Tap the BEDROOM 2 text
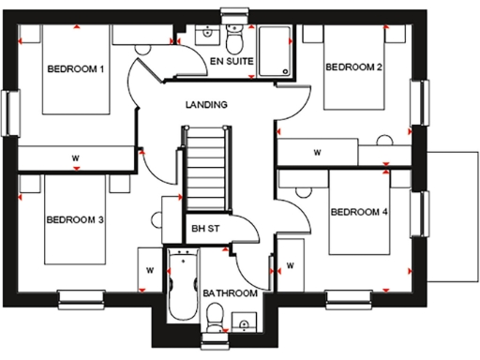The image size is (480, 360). (x=353, y=67)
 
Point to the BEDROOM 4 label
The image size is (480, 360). (x=358, y=212)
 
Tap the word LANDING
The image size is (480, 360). (x=207, y=105)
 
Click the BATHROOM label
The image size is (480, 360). (x=230, y=293)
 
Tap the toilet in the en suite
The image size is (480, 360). (x=234, y=39)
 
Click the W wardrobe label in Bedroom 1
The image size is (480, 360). (x=74, y=157)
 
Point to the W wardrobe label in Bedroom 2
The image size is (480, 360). (x=317, y=151)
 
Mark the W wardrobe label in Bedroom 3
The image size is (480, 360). (x=149, y=269)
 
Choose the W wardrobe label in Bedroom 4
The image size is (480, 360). (x=291, y=265)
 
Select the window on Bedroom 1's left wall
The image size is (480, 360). (x=11, y=112)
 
